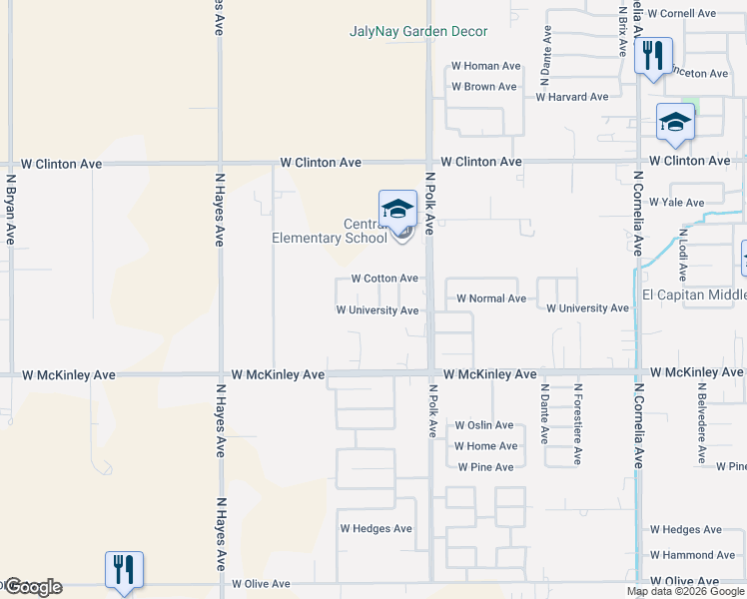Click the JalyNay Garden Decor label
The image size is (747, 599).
418,32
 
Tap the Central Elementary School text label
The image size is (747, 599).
330,231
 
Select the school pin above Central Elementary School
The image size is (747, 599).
397,209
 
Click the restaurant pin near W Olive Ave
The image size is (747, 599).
124,570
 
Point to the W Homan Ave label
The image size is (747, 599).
486,66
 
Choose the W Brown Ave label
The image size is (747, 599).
483,87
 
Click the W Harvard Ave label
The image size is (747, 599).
571,97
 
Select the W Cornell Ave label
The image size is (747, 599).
682,14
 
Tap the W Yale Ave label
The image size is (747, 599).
677,202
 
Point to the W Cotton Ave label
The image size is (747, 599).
384,279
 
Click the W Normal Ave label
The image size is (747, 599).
491,299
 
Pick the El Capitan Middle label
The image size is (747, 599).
694,295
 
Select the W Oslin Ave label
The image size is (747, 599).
483,425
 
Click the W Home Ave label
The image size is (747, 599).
485,446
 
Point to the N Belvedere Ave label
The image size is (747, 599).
702,423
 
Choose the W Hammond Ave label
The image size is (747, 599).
692,555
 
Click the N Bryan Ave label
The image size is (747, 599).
11,211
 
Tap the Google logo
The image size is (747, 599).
32,587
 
